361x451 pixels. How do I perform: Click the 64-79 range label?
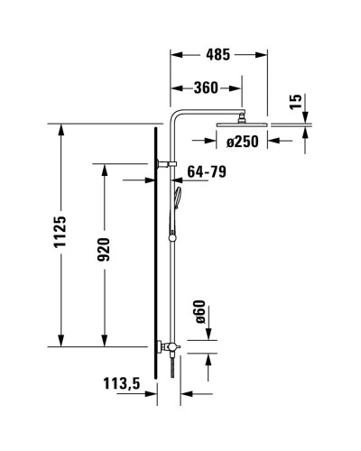207,171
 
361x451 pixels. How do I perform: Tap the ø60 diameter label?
200,314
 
